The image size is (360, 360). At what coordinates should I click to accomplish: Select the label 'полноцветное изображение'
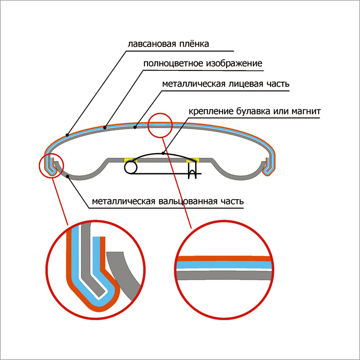pos(203,64)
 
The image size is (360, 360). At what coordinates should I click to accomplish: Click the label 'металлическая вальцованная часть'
pos(167,201)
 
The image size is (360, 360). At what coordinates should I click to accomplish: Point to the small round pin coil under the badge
pos(131,167)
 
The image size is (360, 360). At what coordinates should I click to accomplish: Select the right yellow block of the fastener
pos(193,160)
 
